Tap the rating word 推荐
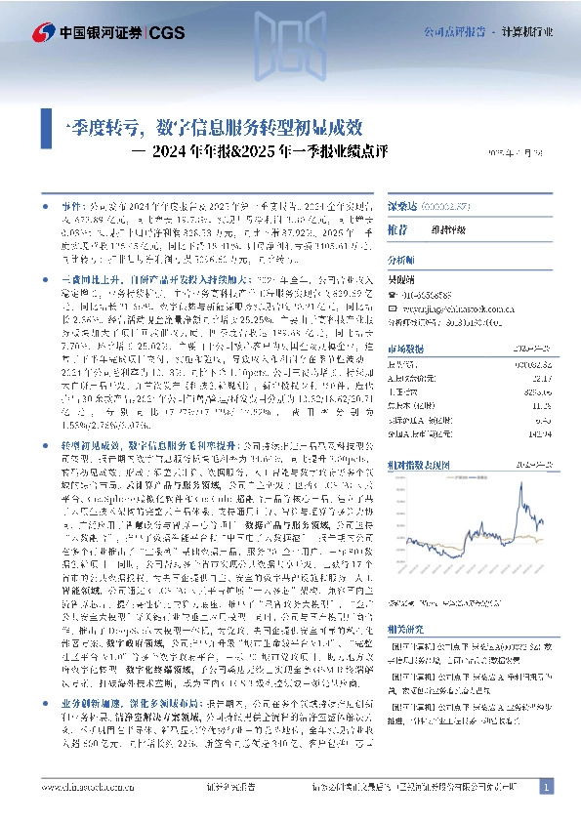(x=399, y=230)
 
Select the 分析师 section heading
(x=401, y=261)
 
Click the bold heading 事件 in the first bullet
(x=71, y=208)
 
